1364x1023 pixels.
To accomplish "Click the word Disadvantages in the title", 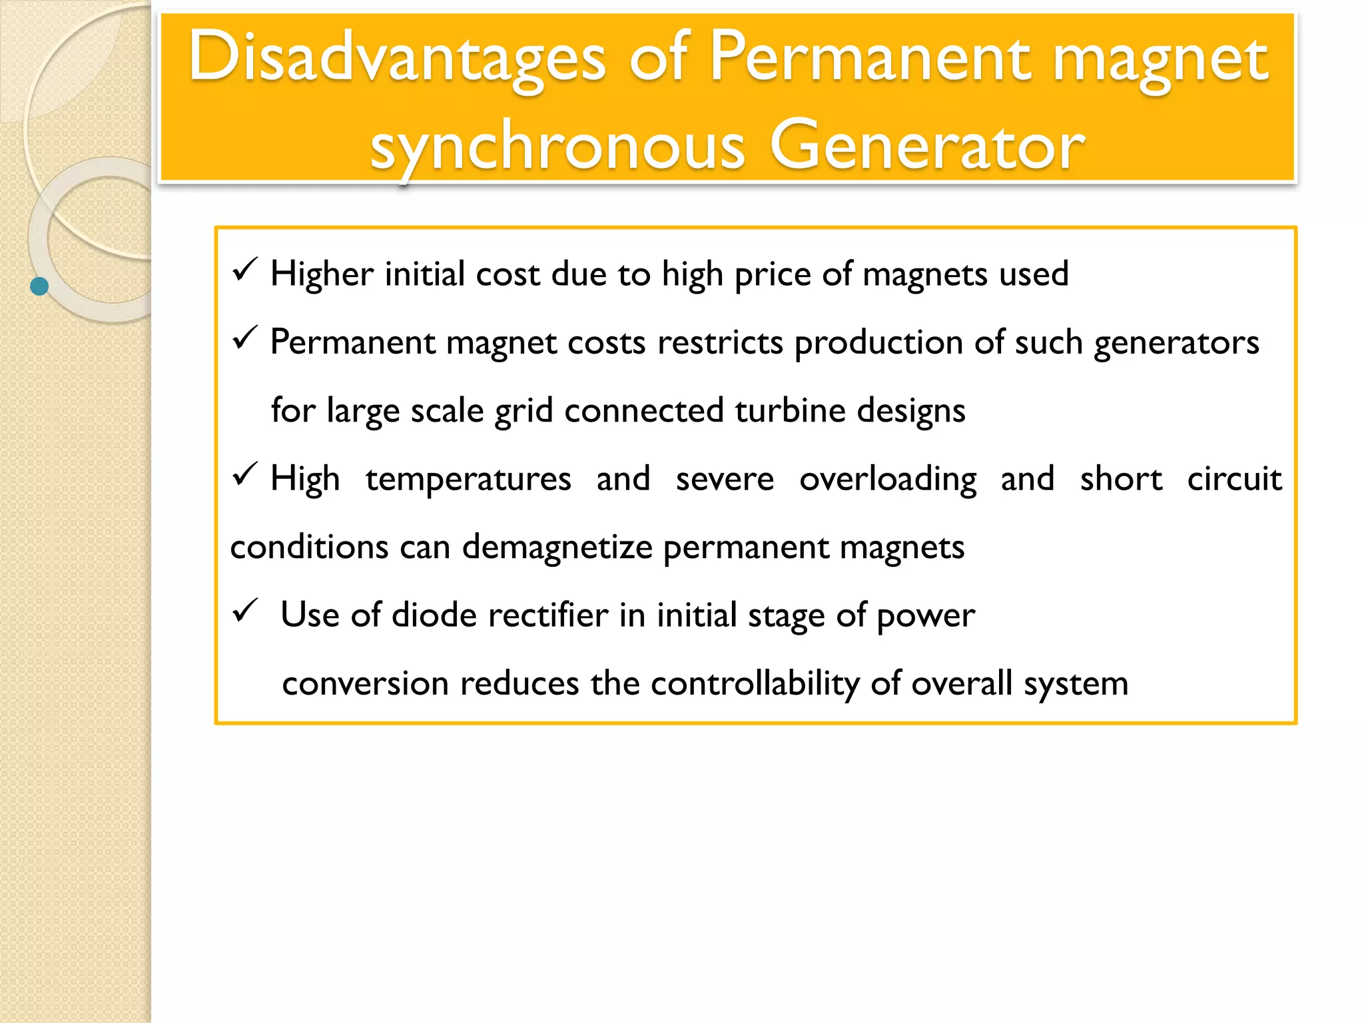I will click(397, 59).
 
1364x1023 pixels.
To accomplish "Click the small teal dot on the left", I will click(39, 286).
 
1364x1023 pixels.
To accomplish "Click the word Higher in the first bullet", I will click(322, 274).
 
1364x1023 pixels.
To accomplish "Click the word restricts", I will click(720, 343).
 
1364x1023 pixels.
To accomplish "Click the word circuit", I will click(1234, 479).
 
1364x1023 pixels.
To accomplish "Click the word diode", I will click(434, 615).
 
